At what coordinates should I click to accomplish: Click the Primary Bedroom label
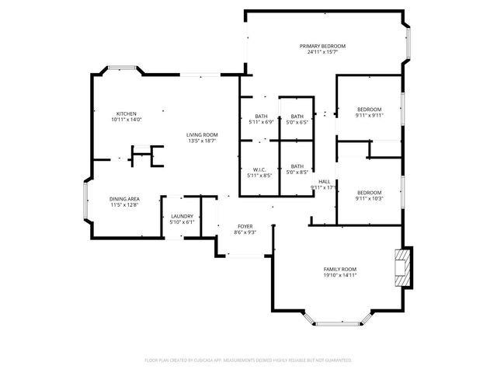pyautogui.click(x=322, y=47)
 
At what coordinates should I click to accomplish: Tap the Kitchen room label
pyautogui.click(x=127, y=113)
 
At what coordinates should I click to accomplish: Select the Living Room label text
pyautogui.click(x=201, y=134)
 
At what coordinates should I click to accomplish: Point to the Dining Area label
pyautogui.click(x=124, y=199)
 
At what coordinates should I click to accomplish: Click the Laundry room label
pyautogui.click(x=181, y=217)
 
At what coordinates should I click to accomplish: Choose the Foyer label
pyautogui.click(x=245, y=226)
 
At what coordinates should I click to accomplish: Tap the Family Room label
pyautogui.click(x=340, y=269)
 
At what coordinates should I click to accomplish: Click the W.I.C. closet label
pyautogui.click(x=259, y=169)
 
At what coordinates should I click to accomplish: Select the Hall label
pyautogui.click(x=324, y=181)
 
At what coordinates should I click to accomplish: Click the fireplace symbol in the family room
pyautogui.click(x=401, y=269)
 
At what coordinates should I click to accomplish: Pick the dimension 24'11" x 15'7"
pyautogui.click(x=322, y=53)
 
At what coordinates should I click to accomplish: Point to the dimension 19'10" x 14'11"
pyautogui.click(x=340, y=275)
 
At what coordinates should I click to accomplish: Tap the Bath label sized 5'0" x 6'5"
pyautogui.click(x=297, y=117)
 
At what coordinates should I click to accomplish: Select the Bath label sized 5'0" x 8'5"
pyautogui.click(x=297, y=166)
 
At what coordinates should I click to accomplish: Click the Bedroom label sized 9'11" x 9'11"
pyautogui.click(x=369, y=110)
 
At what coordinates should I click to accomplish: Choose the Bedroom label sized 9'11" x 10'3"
pyautogui.click(x=369, y=192)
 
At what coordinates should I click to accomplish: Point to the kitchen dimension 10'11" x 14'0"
pyautogui.click(x=127, y=120)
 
